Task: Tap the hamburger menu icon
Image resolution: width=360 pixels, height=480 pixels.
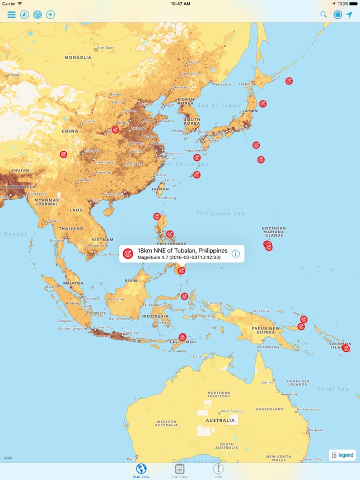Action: [11, 15]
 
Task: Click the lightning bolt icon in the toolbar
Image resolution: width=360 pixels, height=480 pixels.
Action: [50, 15]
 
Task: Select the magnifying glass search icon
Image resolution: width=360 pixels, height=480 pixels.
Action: [324, 15]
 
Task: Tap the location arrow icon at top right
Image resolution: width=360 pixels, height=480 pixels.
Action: [349, 15]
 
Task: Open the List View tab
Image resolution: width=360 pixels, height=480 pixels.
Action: [180, 471]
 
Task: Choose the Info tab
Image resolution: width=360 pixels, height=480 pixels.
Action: [218, 471]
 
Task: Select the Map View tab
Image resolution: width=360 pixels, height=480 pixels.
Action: [141, 471]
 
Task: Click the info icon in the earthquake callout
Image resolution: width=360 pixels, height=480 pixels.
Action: [236, 253]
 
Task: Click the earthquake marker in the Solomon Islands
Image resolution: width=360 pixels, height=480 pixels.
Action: [346, 349]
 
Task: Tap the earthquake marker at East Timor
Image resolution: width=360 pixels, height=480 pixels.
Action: [182, 337]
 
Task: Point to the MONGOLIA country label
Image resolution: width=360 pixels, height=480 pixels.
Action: [78, 57]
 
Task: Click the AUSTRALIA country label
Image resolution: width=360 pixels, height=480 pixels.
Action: [219, 420]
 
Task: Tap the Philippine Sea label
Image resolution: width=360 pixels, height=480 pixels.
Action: [221, 213]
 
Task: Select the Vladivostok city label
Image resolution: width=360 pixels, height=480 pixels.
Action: [221, 84]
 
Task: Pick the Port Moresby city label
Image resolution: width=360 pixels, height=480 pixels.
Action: [268, 347]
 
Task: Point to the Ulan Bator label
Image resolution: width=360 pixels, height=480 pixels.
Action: [105, 48]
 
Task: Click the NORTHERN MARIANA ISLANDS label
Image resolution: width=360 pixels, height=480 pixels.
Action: [273, 232]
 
